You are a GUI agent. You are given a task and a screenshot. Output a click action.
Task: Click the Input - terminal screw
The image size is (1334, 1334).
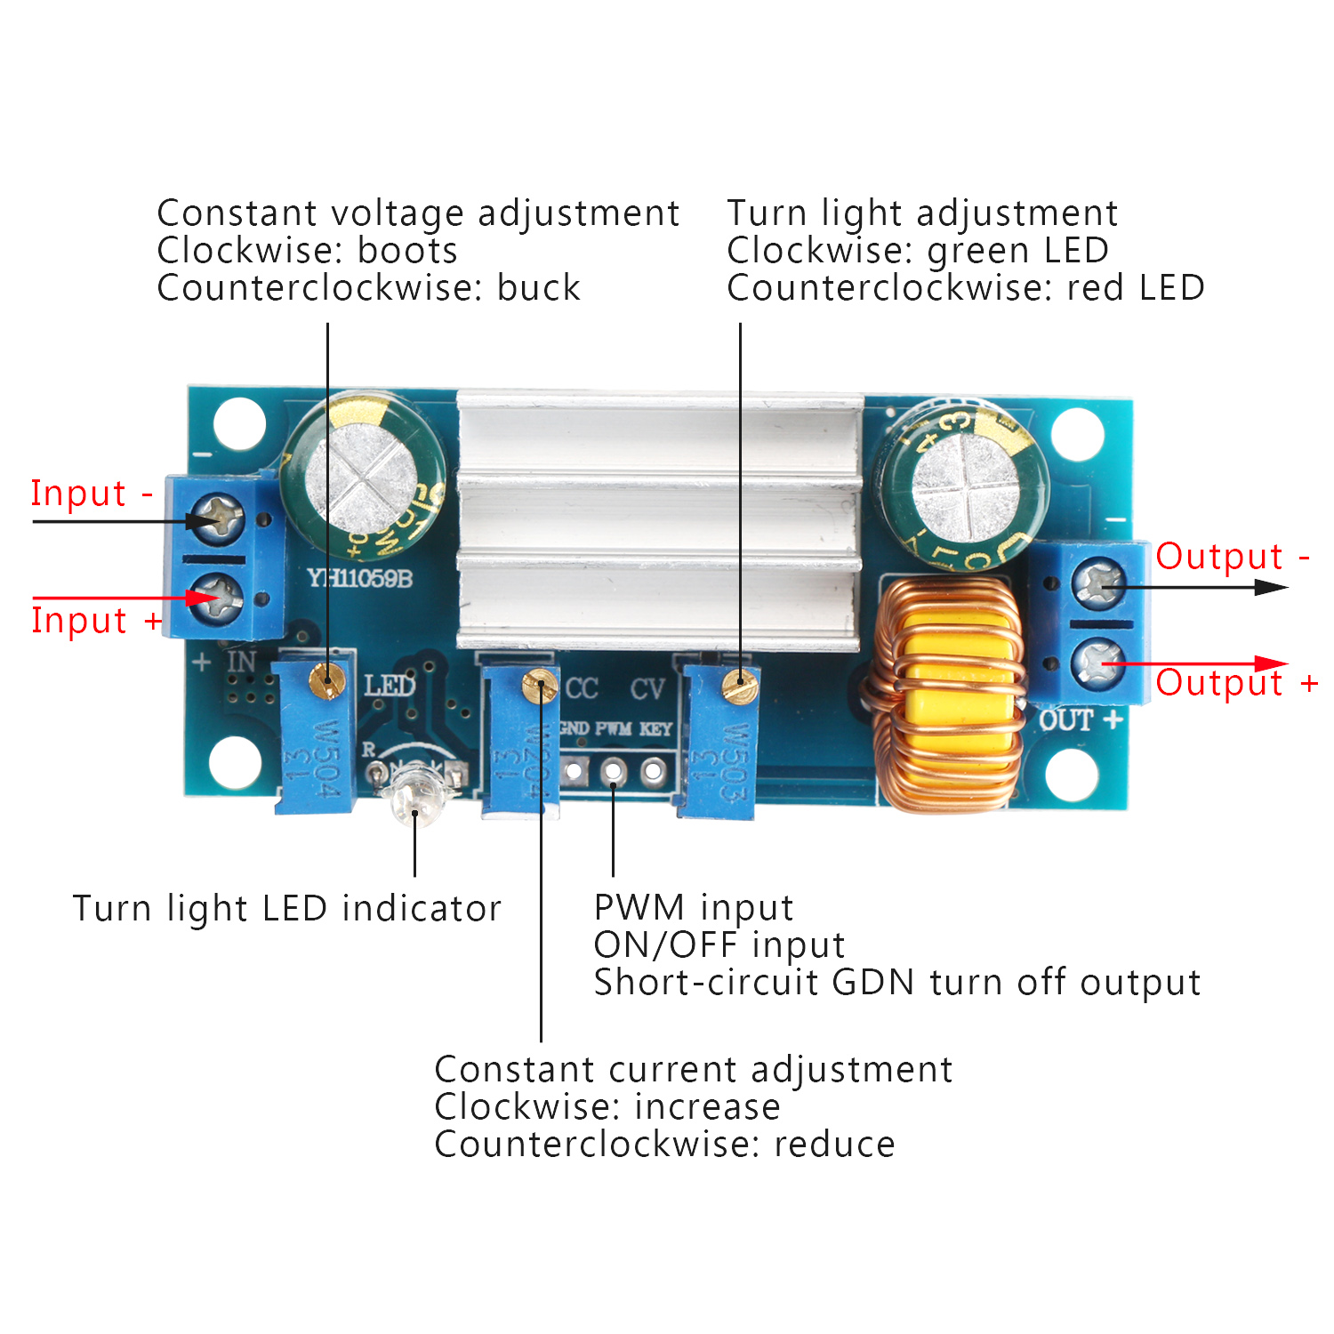(x=219, y=518)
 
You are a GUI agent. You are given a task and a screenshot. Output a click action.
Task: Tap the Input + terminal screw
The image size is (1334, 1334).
(x=219, y=595)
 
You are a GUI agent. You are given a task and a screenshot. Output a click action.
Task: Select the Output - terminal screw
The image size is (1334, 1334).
(x=1100, y=583)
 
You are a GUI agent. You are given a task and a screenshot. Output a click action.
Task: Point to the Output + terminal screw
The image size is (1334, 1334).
(x=1100, y=662)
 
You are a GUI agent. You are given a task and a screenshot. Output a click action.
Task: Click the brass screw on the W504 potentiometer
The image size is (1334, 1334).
(x=325, y=679)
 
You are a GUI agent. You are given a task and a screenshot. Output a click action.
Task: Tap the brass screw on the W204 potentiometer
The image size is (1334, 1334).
(x=540, y=687)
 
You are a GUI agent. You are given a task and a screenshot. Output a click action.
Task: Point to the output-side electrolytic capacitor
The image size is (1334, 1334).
(x=961, y=486)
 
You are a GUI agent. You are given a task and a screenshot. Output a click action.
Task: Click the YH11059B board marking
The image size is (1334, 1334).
(x=360, y=579)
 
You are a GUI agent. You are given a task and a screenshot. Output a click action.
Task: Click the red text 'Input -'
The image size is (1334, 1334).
(x=92, y=494)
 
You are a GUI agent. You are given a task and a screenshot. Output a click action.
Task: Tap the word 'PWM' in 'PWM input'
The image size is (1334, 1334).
(x=639, y=908)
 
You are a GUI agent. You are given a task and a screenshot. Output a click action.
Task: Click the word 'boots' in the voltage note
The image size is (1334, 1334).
(x=407, y=251)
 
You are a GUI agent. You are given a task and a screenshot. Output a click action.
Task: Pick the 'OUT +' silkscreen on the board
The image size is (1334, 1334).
(x=1080, y=719)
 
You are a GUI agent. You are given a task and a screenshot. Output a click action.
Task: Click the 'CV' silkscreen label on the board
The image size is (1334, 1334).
(x=647, y=689)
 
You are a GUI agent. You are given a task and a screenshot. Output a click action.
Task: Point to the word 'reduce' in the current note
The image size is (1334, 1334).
(x=834, y=1145)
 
